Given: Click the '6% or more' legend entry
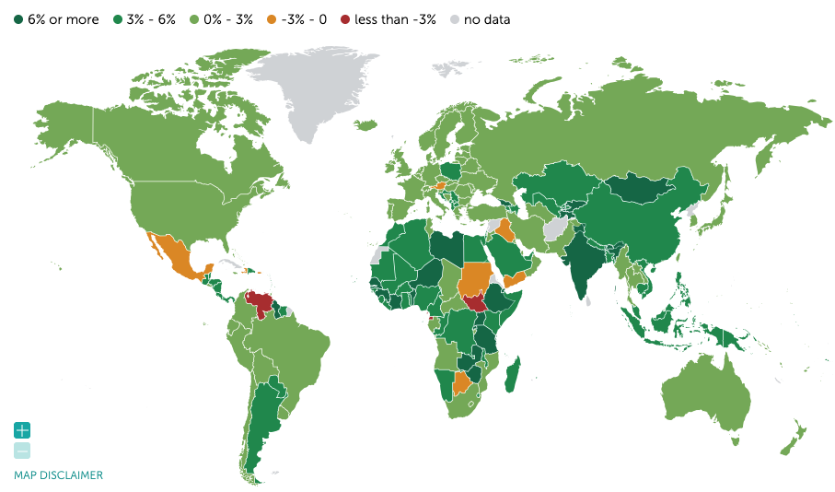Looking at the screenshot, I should [55, 19].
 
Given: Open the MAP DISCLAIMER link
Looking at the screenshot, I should [58, 475].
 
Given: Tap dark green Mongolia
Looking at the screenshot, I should [644, 189].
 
